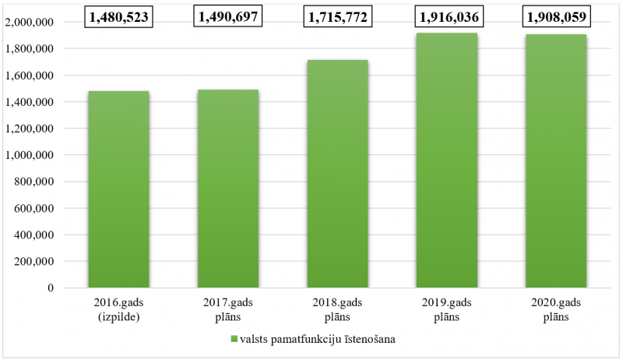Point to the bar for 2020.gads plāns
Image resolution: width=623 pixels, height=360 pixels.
tap(555, 161)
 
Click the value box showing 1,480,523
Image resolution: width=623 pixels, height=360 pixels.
tap(118, 16)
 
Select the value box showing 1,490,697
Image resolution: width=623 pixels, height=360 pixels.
tap(227, 16)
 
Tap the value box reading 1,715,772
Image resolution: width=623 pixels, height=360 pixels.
tap(336, 16)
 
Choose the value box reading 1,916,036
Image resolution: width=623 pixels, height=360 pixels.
tap(446, 16)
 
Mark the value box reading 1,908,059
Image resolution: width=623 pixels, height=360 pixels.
tap(555, 16)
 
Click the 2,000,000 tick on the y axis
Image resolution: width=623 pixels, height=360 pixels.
tap(29, 23)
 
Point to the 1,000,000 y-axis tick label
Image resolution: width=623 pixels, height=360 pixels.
tap(29, 155)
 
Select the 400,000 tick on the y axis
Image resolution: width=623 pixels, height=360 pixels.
tap(33, 235)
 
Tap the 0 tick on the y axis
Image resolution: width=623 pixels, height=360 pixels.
tap(51, 288)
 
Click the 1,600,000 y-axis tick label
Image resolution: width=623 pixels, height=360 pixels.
tap(29, 76)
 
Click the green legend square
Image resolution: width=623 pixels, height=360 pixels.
tap(233, 340)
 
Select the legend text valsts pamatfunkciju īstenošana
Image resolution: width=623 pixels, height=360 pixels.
tap(318, 340)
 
